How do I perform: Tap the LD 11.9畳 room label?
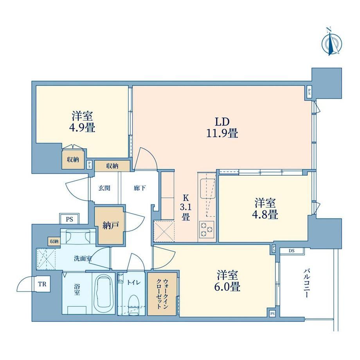pyautogui.click(x=222, y=128)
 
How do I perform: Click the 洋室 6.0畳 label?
pyautogui.click(x=227, y=281)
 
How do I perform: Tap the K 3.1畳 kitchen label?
pyautogui.click(x=186, y=207)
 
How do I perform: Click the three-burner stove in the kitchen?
pyautogui.click(x=207, y=230)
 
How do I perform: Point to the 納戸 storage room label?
pyautogui.click(x=110, y=225)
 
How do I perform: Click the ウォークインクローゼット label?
pyautogui.click(x=162, y=294)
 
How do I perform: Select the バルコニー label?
pyautogui.click(x=307, y=284)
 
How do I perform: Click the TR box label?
pyautogui.click(x=42, y=284)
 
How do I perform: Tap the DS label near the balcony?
pyautogui.click(x=292, y=251)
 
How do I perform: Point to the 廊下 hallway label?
pyautogui.click(x=140, y=188)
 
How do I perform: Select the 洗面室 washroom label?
pyautogui.click(x=83, y=259)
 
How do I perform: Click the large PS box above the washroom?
pyautogui.click(x=69, y=219)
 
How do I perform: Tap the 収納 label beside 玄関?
pyautogui.click(x=112, y=166)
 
